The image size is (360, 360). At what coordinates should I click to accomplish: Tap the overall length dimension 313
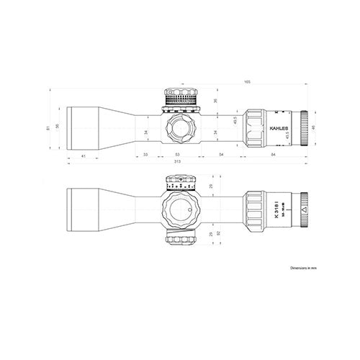[x=178, y=161]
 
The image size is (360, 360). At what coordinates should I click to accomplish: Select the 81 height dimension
[x=49, y=128]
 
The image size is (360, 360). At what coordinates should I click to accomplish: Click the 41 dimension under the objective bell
[x=84, y=155]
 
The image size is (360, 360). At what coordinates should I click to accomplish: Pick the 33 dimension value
[x=145, y=155]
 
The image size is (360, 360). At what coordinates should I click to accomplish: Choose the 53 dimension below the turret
[x=178, y=155]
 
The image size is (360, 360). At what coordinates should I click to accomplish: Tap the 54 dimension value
[x=220, y=155]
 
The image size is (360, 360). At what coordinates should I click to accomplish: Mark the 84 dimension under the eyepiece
[x=274, y=155]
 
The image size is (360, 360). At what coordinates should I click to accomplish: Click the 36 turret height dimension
[x=216, y=102]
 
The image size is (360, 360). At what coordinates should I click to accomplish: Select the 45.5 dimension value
[x=235, y=122]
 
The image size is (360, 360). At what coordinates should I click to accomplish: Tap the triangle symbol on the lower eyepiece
[x=304, y=210]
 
